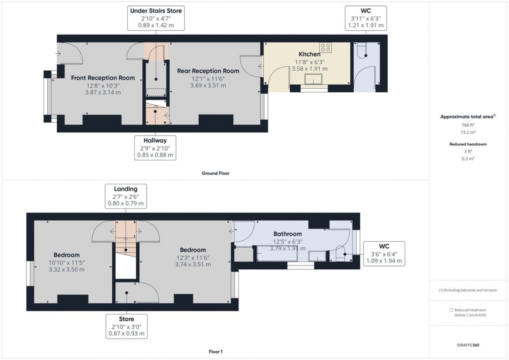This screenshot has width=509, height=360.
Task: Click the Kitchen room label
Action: pyautogui.click(x=309, y=54)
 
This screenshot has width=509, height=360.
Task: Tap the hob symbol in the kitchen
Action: pyautogui.click(x=325, y=48)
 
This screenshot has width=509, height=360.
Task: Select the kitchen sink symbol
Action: pyautogui.click(x=314, y=79)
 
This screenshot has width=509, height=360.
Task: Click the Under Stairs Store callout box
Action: pyautogui.click(x=156, y=18)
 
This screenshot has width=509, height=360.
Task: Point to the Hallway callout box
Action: pyautogui.click(x=155, y=148)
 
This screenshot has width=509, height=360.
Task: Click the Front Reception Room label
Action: pyautogui.click(x=103, y=78)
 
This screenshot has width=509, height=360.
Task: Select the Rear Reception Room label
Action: pyautogui.click(x=208, y=71)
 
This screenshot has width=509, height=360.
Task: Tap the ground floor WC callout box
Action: pyautogui.click(x=365, y=18)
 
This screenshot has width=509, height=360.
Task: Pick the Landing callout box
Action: pyautogui.click(x=126, y=196)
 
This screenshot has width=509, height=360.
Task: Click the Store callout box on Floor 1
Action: pyautogui.click(x=126, y=326)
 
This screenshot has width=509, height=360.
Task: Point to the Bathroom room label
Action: pyautogui.click(x=287, y=234)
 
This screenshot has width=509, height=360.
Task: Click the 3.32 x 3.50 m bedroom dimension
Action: pyautogui.click(x=67, y=269)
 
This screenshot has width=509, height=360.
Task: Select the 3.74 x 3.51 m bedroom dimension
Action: pyautogui.click(x=193, y=264)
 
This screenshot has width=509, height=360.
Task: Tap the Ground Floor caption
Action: pyautogui.click(x=215, y=173)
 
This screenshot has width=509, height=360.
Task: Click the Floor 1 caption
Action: pyautogui.click(x=215, y=352)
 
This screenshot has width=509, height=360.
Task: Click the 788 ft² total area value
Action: pyautogui.click(x=468, y=125)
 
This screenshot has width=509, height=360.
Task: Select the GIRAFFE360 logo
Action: pyautogui.click(x=468, y=345)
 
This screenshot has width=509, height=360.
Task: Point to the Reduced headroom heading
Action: pyautogui.click(x=468, y=144)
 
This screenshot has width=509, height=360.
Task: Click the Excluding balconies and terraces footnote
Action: pyautogui.click(x=468, y=290)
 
